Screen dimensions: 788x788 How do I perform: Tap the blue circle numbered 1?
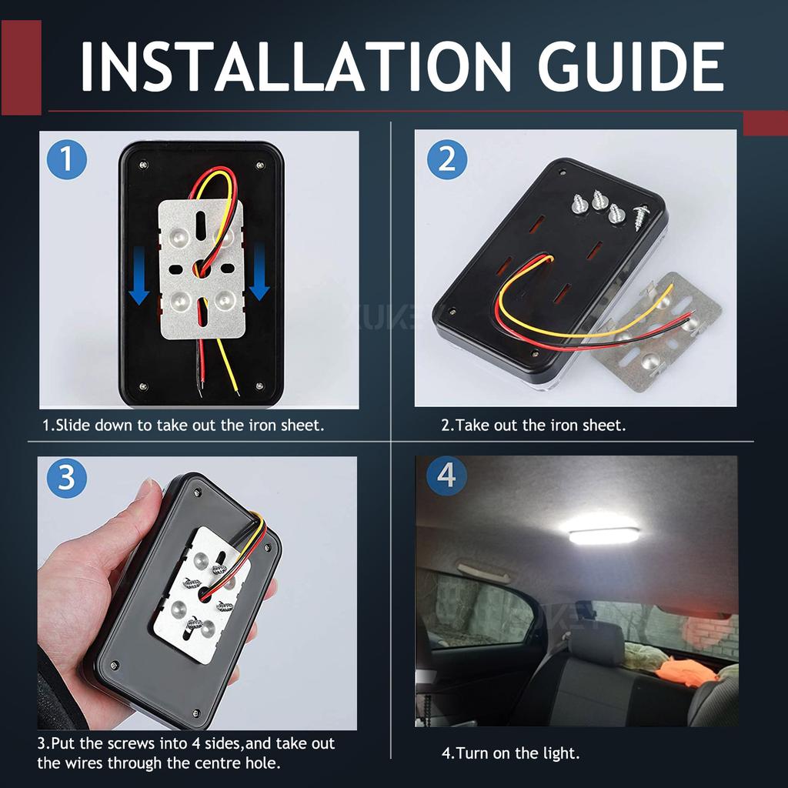click(x=67, y=160)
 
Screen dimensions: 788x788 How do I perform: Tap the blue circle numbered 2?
click(x=447, y=160)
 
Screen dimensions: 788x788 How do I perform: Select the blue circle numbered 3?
click(x=66, y=478)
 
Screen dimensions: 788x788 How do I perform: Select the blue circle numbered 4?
click(x=446, y=476)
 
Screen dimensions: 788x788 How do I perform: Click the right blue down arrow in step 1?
click(x=259, y=271)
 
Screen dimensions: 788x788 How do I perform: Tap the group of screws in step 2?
click(x=608, y=206)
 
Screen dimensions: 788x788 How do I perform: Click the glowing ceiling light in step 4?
click(x=599, y=531)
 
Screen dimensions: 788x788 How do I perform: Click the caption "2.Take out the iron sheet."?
click(x=533, y=425)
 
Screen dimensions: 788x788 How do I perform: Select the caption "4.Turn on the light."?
click(x=510, y=753)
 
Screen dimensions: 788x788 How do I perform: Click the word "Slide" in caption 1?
click(x=74, y=425)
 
